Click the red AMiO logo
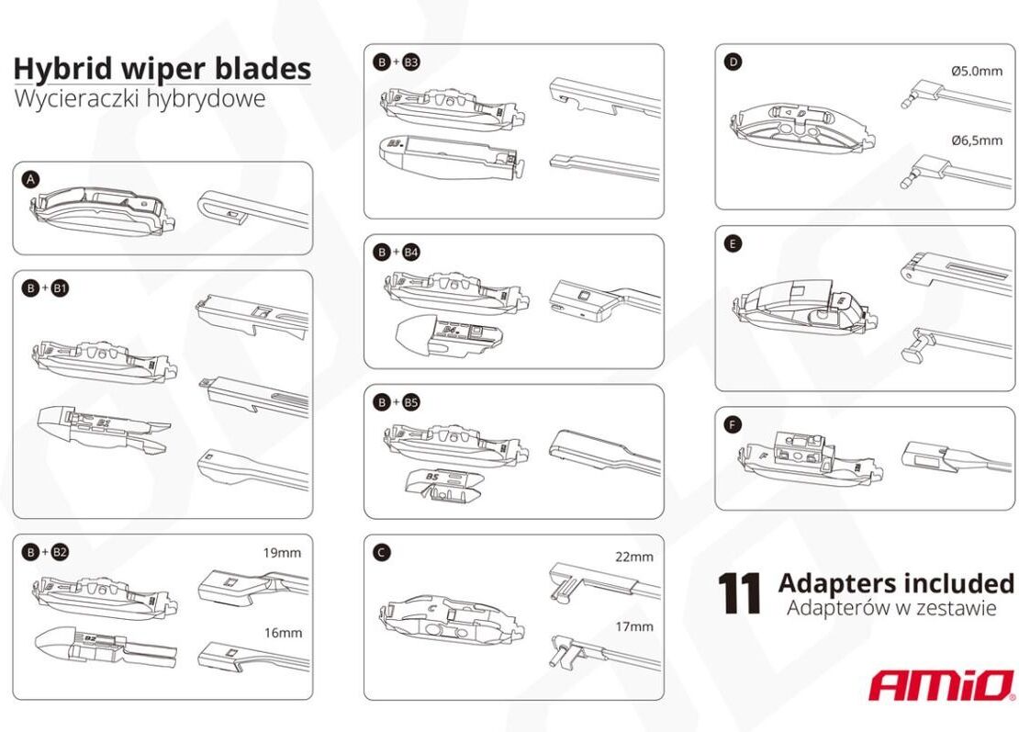pos(942,685)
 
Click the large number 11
pos(739,593)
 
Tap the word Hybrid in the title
pos(54,69)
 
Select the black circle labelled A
pos(30,179)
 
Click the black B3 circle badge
pos(410,62)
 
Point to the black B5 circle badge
pos(410,402)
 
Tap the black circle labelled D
pos(733,62)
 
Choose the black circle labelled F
pos(733,425)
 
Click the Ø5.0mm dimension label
pos(976,71)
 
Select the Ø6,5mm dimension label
pos(977,141)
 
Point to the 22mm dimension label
pos(634,557)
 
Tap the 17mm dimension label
pos(634,626)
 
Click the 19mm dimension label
pos(282,553)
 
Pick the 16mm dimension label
pos(284,633)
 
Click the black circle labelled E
pos(733,243)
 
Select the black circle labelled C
pos(382,553)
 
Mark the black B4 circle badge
pos(410,253)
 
